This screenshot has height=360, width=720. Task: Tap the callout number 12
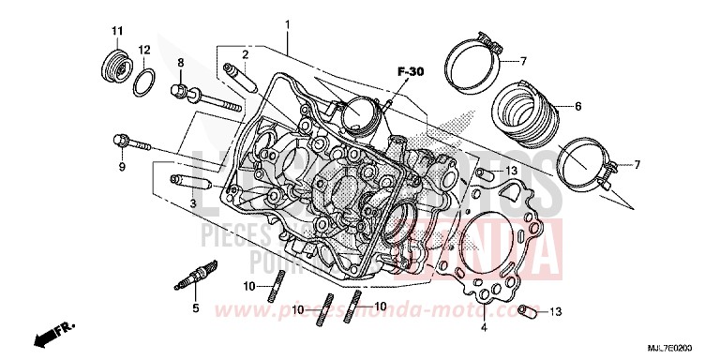(144, 50)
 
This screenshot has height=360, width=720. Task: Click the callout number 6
(577, 106)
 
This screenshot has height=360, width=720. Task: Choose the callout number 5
(196, 307)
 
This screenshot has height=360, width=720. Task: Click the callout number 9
(121, 168)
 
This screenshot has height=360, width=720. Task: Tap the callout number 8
(180, 64)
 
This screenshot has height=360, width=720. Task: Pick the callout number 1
(288, 23)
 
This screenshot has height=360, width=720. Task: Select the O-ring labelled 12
(143, 82)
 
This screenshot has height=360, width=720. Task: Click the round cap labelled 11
(114, 68)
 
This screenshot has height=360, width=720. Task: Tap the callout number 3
(192, 202)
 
